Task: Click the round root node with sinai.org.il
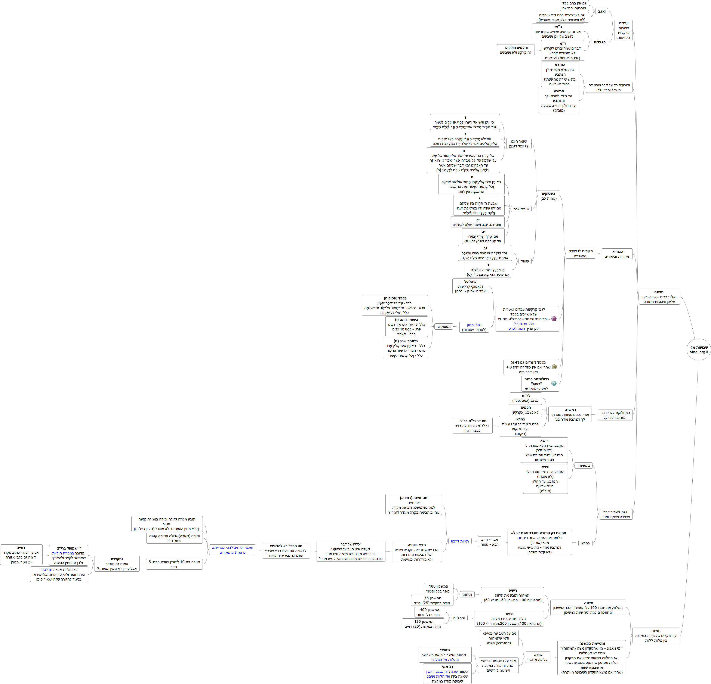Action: (x=699, y=349)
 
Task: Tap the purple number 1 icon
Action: (x=554, y=319)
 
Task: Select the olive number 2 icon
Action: (x=554, y=367)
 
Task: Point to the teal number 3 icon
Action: (x=554, y=383)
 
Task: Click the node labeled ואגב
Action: (x=602, y=12)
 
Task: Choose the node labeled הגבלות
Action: (x=599, y=42)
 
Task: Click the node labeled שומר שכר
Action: (x=521, y=209)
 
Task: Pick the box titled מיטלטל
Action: (x=471, y=286)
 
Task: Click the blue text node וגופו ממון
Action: (x=474, y=327)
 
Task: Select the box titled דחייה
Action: (x=21, y=555)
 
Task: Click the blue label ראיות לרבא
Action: (x=460, y=541)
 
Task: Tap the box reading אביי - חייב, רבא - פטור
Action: (x=490, y=542)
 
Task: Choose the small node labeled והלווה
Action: (x=468, y=594)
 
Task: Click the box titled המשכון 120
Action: (x=423, y=624)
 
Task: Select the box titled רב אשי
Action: (x=447, y=674)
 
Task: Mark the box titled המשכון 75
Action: (x=432, y=600)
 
